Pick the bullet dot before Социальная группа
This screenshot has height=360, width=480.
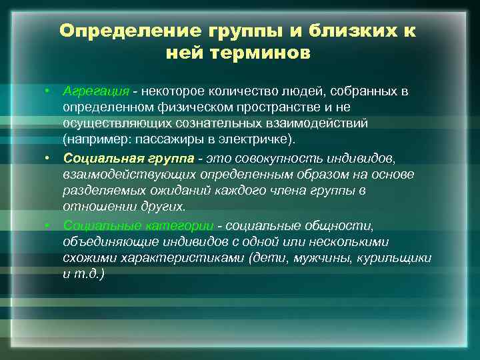48,157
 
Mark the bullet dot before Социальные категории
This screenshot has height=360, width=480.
48,224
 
